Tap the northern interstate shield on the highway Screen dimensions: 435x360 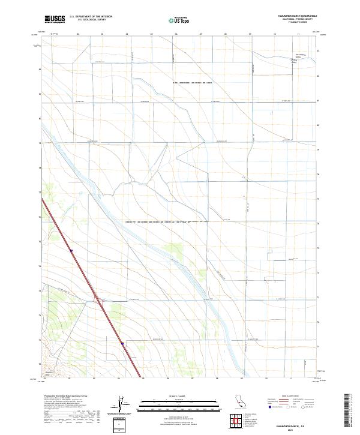click(x=71, y=251)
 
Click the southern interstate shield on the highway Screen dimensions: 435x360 click(x=122, y=344)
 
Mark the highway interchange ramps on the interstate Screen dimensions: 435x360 click(x=100, y=304)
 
